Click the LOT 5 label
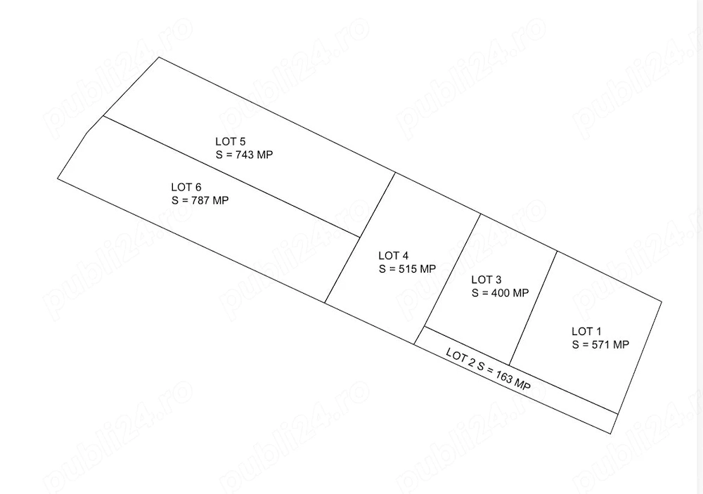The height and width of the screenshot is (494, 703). pos(231,142)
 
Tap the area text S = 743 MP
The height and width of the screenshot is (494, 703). pos(245,155)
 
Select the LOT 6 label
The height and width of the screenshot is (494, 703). pos(186,188)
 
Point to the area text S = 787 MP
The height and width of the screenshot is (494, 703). pos(200,200)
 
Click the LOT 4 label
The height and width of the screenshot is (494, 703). pos(394,256)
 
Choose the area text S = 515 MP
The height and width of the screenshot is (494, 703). pos(408,269)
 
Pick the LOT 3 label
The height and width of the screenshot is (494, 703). pos(486,280)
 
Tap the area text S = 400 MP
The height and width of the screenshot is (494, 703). pos(501,293)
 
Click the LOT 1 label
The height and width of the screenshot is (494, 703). pos(586,332)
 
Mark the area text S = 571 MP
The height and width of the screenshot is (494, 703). pos(601,345)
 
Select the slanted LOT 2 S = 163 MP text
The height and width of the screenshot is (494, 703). pos(489,370)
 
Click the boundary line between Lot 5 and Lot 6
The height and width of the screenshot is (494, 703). pos(232,176)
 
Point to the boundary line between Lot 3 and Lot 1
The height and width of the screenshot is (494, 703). pos(534,308)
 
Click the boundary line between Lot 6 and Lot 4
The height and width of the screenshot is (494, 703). pos(342,270)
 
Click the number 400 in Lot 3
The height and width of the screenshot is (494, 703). pos(501,293)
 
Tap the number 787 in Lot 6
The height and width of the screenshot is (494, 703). pos(200,200)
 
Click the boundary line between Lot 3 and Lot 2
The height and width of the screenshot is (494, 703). pos(467,346)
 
